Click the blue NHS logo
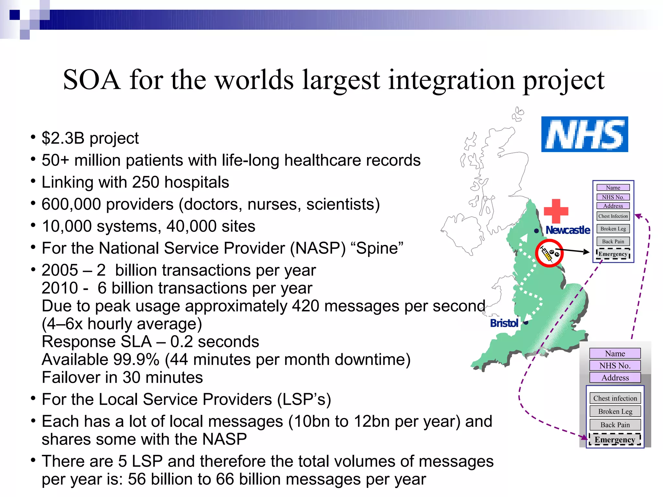tap(584, 134)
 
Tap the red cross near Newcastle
tap(556, 211)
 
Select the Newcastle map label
tap(568, 230)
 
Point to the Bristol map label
tap(504, 323)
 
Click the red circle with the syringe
tap(549, 253)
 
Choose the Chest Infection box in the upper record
tap(613, 216)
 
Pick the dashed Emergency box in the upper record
tap(613, 254)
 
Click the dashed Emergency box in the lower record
tap(615, 440)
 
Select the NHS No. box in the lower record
tap(615, 366)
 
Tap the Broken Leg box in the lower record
tap(615, 411)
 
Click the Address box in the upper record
tap(613, 206)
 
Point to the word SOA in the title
tap(92, 80)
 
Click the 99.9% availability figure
tap(136, 359)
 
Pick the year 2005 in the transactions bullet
tap(60, 270)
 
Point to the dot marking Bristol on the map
tap(526, 323)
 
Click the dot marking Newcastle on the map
tap(536, 231)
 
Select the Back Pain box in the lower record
tap(615, 425)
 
